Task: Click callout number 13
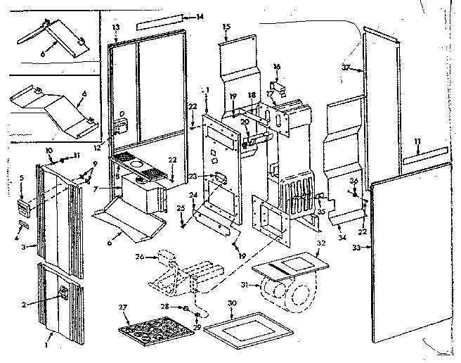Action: pyautogui.click(x=116, y=26)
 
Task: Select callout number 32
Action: pyautogui.click(x=322, y=243)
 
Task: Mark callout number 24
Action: pyautogui.click(x=193, y=195)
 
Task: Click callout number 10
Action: pyautogui.click(x=49, y=151)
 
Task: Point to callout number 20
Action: pyautogui.click(x=243, y=122)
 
